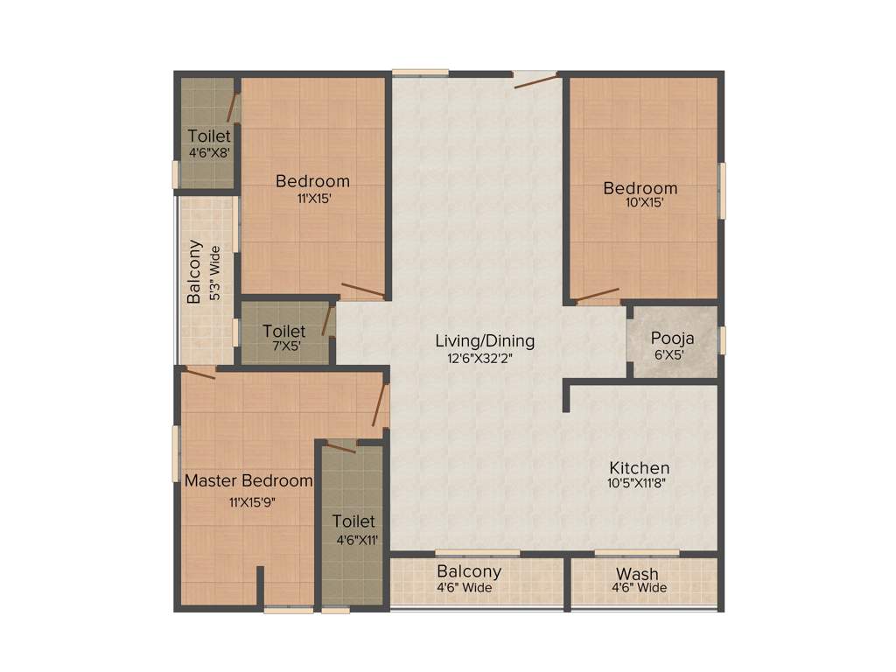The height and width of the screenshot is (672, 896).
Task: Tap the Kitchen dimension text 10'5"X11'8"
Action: point(640,483)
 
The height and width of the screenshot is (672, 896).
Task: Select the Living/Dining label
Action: point(485,341)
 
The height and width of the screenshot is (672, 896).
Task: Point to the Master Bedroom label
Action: point(248,480)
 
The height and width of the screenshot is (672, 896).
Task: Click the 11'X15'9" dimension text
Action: point(248,502)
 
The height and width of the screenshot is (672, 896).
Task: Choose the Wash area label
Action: point(638,574)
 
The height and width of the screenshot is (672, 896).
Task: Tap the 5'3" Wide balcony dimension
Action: point(214,273)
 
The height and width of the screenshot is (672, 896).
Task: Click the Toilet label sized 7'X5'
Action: point(284,332)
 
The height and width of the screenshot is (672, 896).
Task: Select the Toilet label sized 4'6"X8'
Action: point(210,136)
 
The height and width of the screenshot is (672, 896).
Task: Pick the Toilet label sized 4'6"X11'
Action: point(353,521)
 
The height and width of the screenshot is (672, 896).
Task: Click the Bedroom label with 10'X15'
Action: point(640,188)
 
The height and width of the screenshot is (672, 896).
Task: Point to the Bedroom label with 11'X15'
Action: point(312,181)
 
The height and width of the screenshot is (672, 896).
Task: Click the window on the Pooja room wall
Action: point(722,339)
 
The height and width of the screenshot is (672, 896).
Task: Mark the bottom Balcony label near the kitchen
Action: point(469,571)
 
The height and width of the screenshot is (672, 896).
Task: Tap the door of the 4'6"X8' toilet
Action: point(233,106)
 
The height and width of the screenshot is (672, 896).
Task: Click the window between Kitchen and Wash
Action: point(636,552)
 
